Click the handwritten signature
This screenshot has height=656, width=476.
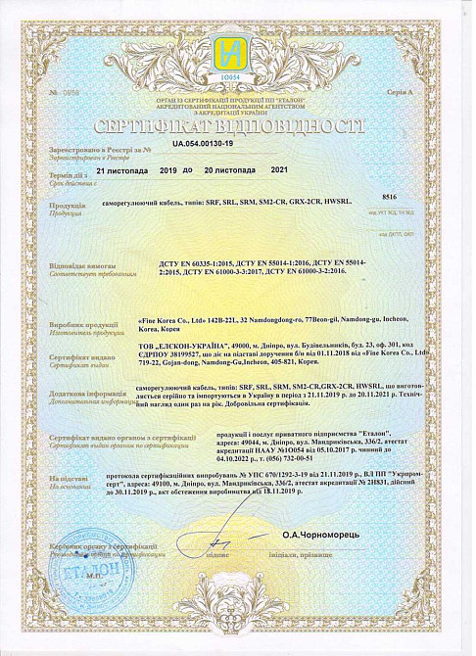click(222, 537)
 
